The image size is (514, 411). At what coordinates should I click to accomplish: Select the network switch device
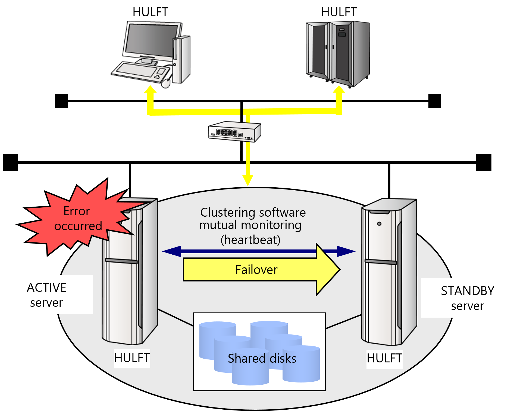(x=235, y=132)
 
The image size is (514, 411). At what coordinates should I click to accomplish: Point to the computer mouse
(x=166, y=83)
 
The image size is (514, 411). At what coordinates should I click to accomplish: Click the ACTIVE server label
(x=46, y=295)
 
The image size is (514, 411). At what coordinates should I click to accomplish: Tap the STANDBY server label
(x=467, y=298)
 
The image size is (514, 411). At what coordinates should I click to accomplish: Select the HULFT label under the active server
(x=132, y=358)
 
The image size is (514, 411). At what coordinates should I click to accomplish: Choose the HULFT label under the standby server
(x=384, y=358)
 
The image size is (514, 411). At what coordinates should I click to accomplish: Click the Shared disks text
(x=262, y=359)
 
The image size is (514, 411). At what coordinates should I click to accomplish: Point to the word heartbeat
(x=250, y=240)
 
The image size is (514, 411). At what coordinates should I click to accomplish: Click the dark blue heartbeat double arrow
(x=245, y=251)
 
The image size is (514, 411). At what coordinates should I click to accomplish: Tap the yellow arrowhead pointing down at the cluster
(x=248, y=180)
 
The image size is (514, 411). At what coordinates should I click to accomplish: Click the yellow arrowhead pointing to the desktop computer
(x=150, y=90)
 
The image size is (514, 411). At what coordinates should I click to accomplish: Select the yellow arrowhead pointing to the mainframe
(x=339, y=90)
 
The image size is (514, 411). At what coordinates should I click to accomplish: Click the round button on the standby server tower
(x=379, y=224)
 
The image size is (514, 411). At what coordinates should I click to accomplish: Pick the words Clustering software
(x=253, y=213)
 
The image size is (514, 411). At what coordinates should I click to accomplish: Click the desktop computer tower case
(x=181, y=60)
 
